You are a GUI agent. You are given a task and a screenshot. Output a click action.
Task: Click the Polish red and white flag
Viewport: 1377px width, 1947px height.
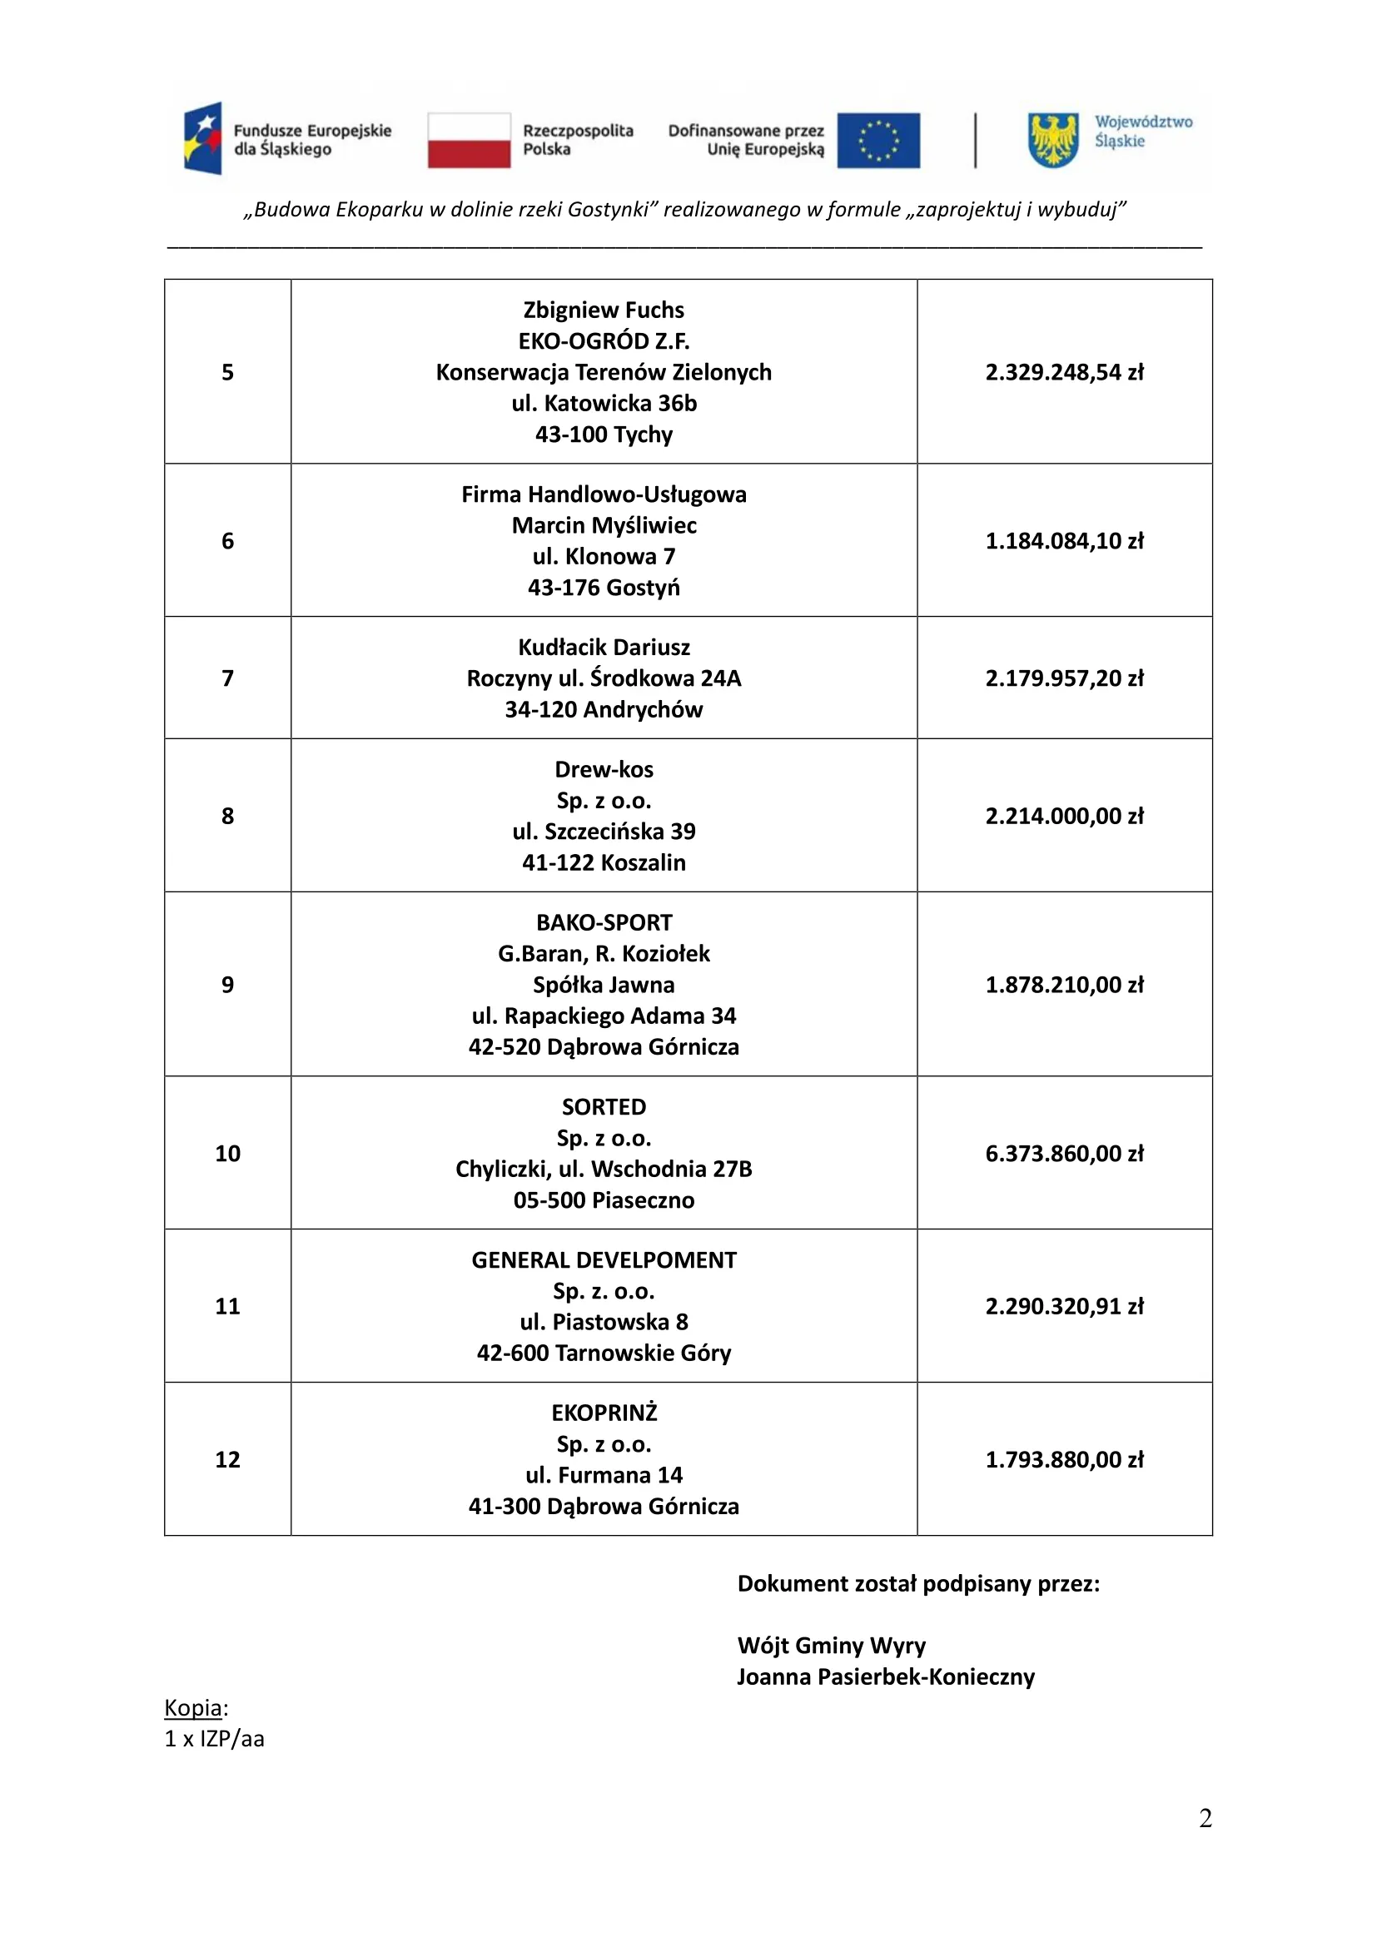[x=468, y=141]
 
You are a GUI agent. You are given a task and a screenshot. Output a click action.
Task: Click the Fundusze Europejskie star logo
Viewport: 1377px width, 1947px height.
[x=203, y=138]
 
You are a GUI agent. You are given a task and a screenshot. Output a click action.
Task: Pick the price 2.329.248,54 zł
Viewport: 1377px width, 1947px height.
[x=1064, y=372]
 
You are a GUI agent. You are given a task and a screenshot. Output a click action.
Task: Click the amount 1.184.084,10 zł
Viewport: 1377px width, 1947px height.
[x=1064, y=541]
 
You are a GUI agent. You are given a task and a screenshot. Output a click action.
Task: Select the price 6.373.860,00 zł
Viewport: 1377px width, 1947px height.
[x=1064, y=1153]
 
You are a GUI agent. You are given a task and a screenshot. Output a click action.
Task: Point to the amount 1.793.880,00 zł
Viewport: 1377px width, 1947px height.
[x=1064, y=1459]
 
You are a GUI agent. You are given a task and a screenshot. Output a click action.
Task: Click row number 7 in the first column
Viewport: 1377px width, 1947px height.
[x=227, y=678]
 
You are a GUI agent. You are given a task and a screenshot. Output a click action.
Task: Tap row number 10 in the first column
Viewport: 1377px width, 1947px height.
[x=227, y=1153]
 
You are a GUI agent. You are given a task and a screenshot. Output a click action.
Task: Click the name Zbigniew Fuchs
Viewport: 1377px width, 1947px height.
[x=604, y=310]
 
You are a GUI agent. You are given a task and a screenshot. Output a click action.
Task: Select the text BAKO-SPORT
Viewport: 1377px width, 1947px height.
[x=604, y=922]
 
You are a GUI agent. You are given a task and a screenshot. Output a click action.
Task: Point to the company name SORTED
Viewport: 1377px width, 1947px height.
[x=604, y=1107]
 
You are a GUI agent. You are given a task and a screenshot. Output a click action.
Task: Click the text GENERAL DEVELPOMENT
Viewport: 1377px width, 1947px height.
[x=604, y=1260]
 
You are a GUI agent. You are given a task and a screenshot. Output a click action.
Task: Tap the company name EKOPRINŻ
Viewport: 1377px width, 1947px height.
[x=604, y=1413]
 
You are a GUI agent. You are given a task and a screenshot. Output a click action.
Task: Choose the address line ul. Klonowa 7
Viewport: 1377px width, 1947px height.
[x=604, y=557]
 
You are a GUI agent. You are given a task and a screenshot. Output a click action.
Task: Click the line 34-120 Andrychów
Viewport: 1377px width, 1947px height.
[x=604, y=710]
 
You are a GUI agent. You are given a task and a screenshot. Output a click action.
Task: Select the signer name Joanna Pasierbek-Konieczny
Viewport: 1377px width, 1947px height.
[x=886, y=1677]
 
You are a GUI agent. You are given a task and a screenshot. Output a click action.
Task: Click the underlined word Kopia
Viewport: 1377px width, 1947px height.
[x=193, y=1708]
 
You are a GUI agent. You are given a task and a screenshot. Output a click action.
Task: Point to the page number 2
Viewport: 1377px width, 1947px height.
[x=1205, y=1818]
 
